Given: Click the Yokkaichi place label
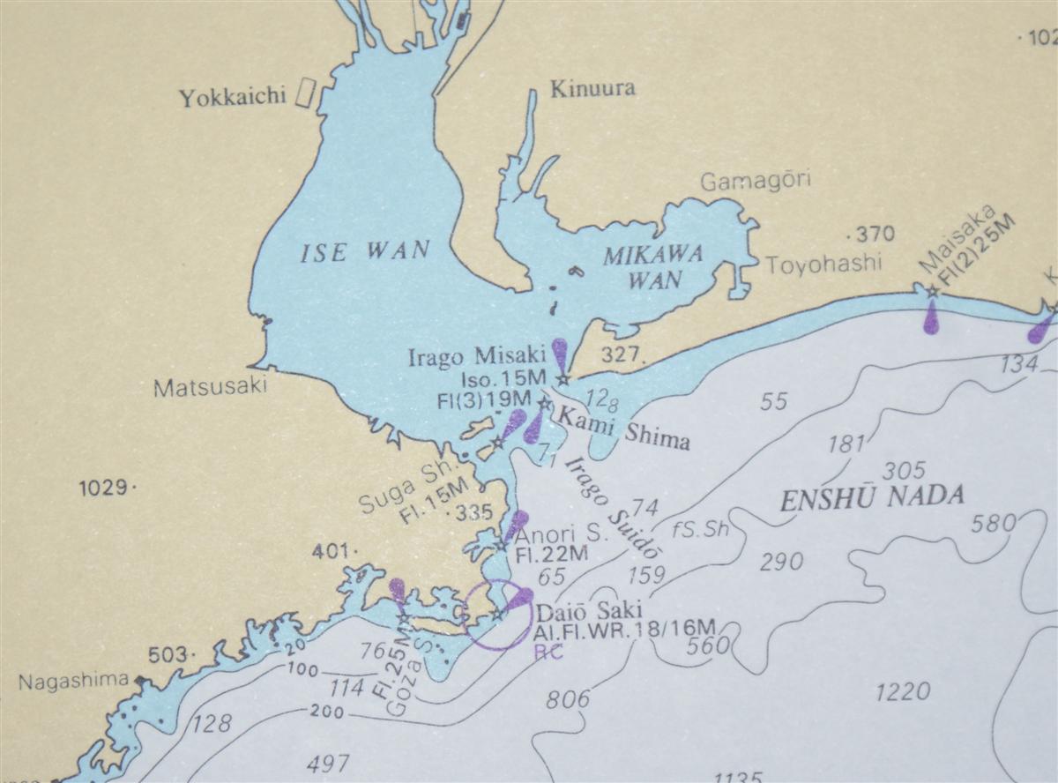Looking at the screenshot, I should (x=233, y=97).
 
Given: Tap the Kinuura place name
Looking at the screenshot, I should (x=592, y=89).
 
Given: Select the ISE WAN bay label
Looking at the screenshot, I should (x=365, y=252).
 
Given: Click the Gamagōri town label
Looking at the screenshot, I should (x=756, y=182).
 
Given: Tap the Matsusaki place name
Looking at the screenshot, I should (x=210, y=388).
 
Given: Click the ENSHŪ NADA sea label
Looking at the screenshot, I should (x=872, y=498).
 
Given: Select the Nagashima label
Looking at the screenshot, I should (x=73, y=682).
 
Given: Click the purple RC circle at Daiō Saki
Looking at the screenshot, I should (x=500, y=615).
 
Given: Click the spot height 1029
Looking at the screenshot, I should (x=105, y=487).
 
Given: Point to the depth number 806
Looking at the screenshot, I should (x=569, y=700).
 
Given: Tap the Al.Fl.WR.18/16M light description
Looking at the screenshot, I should (x=623, y=631).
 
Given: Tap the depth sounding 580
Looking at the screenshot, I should (x=994, y=525).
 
